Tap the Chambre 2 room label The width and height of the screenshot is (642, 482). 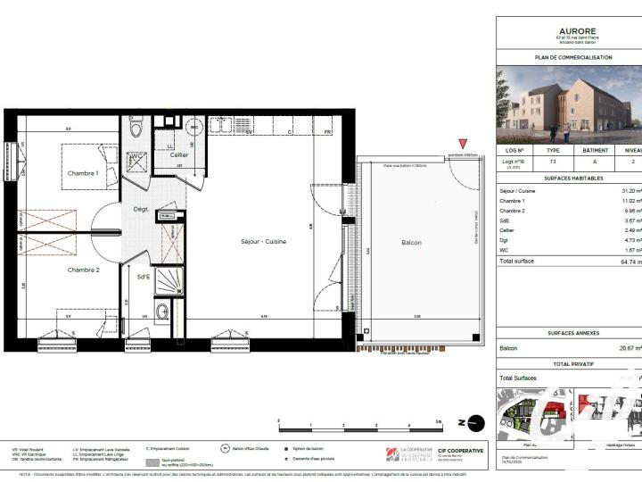[x=82, y=269]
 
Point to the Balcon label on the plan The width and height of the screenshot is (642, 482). [x=411, y=242]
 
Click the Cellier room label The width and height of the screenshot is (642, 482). [x=179, y=154]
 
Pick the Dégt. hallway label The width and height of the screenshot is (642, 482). [x=140, y=209]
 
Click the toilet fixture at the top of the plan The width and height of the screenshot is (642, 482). [x=136, y=129]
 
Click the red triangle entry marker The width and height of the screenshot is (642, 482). [x=462, y=145]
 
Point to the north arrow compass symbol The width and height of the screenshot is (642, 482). [x=477, y=423]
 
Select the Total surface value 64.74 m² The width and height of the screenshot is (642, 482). [x=629, y=262]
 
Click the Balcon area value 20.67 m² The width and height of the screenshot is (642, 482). [x=630, y=348]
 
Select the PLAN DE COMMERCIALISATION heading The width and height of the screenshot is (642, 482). [x=572, y=57]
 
